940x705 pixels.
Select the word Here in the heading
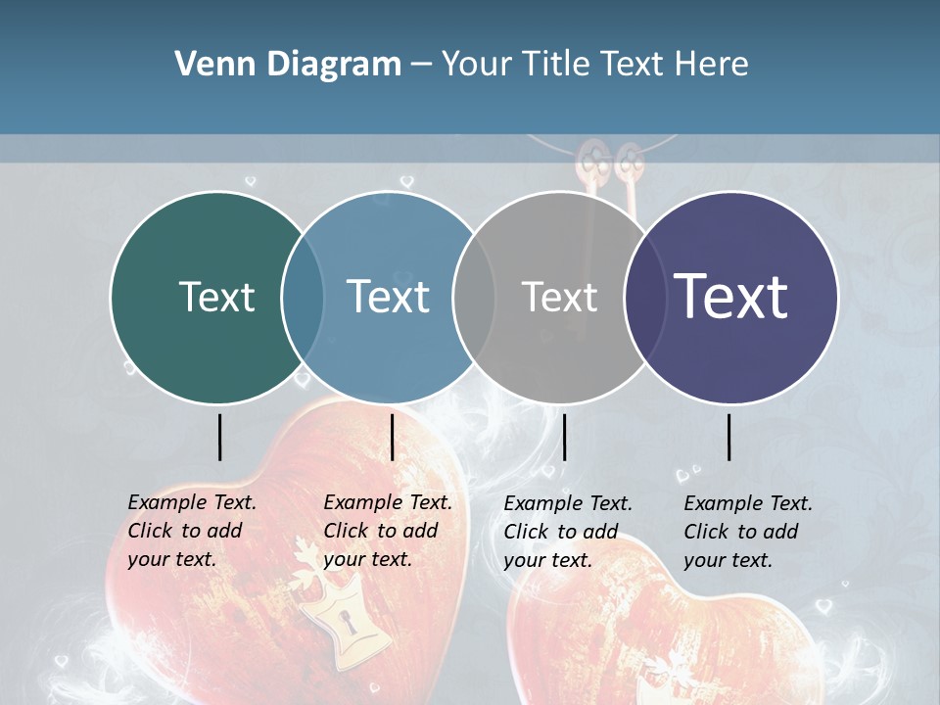point(711,65)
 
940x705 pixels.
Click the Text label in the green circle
point(216,297)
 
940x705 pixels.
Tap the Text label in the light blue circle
point(388,297)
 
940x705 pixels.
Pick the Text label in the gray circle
point(559,297)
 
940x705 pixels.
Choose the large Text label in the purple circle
point(730,297)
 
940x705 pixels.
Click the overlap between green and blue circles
point(303,297)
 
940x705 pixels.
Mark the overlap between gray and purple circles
point(641,297)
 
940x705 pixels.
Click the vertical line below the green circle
point(219,437)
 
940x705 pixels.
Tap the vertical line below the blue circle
point(392,437)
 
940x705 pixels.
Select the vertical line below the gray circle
point(564,437)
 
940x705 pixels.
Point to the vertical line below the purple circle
point(728,437)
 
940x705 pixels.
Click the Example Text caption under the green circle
point(191,531)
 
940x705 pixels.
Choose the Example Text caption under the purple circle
point(747,532)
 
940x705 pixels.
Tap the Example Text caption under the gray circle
point(567,532)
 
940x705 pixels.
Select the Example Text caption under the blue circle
point(387,531)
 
